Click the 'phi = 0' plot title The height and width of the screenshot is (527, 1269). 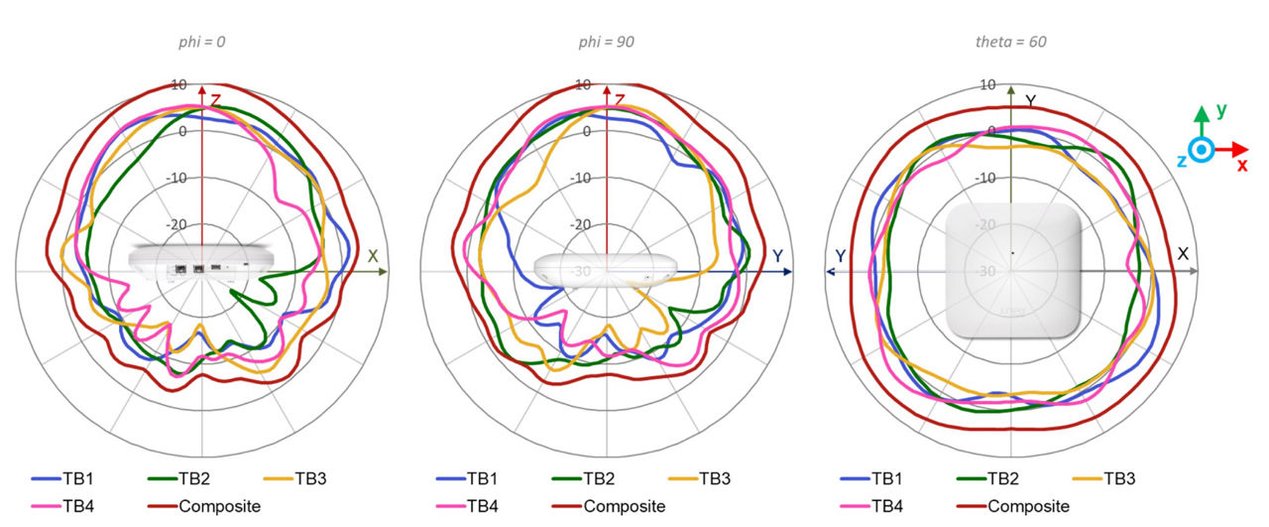tap(203, 43)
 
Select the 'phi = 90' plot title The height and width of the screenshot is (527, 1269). tap(606, 43)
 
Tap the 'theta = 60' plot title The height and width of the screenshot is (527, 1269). tap(1011, 43)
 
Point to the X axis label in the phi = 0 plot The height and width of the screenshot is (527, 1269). tap(373, 255)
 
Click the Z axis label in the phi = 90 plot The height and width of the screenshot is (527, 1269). tap(620, 100)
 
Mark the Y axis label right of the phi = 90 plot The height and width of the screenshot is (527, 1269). tap(777, 256)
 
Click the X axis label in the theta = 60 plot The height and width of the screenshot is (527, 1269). tap(1183, 254)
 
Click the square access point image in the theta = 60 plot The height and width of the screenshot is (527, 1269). tap(1011, 271)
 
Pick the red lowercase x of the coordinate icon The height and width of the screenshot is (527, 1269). tap(1241, 166)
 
